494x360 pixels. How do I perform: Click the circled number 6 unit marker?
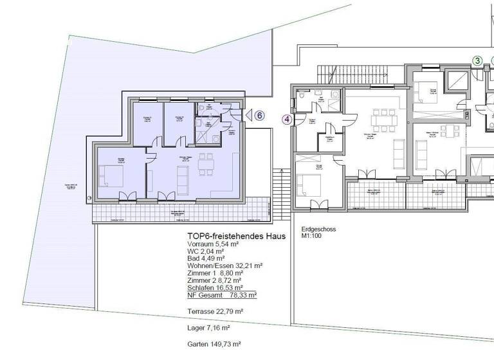click(x=259, y=116)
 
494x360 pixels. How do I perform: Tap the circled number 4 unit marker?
click(x=287, y=119)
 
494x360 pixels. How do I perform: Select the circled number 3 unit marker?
click(x=477, y=60)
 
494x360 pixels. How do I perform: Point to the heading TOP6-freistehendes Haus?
click(x=235, y=236)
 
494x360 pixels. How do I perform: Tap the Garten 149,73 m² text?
click(x=214, y=345)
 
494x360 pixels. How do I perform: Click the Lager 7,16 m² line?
click(x=208, y=328)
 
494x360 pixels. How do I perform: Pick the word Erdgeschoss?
click(x=318, y=229)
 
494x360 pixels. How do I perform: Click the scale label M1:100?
click(x=313, y=236)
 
